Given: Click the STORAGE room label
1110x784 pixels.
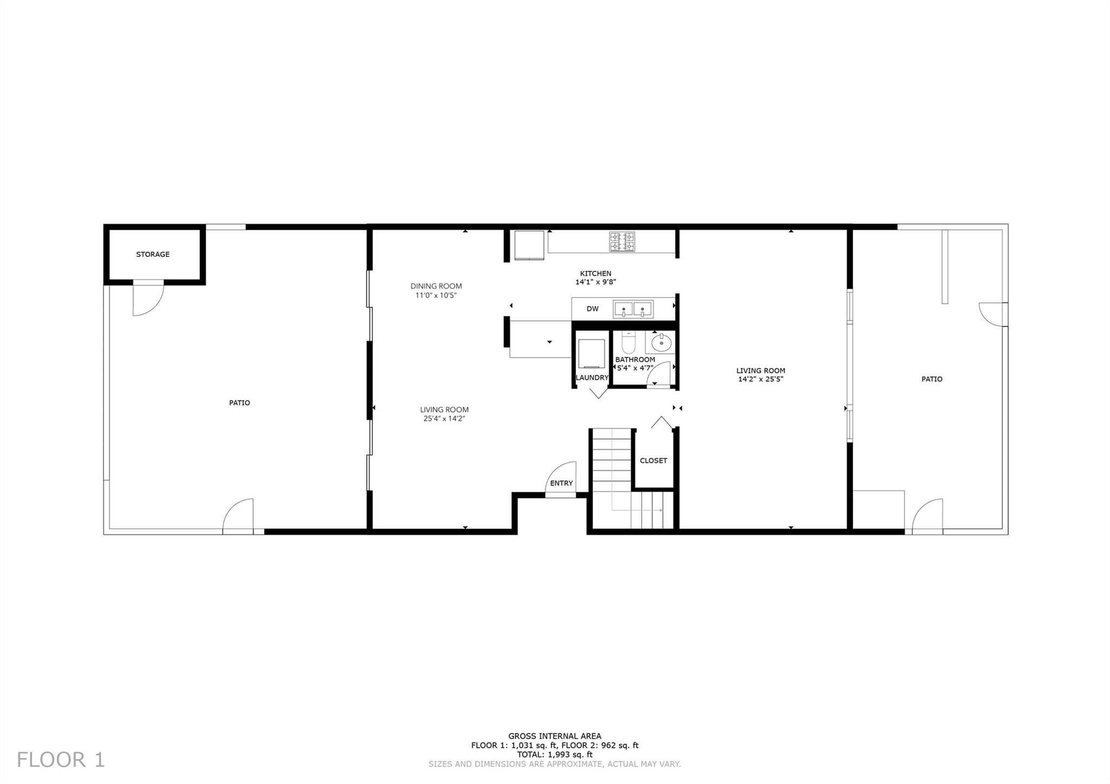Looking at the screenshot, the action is pos(153,254).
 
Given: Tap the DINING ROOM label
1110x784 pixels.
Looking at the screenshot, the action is pos(436,286).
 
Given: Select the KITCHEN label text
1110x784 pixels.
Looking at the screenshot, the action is pos(596,274).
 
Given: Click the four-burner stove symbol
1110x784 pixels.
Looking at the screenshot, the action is pos(622,242).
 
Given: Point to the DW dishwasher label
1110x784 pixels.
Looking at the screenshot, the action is pos(592,309).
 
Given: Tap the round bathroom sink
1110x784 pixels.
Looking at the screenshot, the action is pos(661,342).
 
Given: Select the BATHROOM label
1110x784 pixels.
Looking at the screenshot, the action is pos(635,360).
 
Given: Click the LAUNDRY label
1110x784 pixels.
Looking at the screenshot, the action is pos(592,378).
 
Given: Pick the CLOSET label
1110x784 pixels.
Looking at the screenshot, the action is pos(654,461).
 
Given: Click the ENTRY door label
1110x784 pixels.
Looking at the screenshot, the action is pos(562,483).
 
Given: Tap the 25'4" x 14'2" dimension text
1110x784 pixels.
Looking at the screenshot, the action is pos(444,418).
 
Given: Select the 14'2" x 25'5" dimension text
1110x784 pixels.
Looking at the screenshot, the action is pos(760,379).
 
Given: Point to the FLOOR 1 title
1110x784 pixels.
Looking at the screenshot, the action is pos(61,760).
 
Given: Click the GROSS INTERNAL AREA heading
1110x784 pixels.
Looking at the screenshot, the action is pos(554,736).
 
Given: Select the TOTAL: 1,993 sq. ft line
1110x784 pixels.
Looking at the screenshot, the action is pos(554,754).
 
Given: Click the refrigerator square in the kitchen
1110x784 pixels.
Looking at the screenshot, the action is pos(529,245).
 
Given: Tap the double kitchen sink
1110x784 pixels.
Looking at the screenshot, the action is pos(633,309).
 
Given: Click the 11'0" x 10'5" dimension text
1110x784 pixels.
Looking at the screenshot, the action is pos(436,295).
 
